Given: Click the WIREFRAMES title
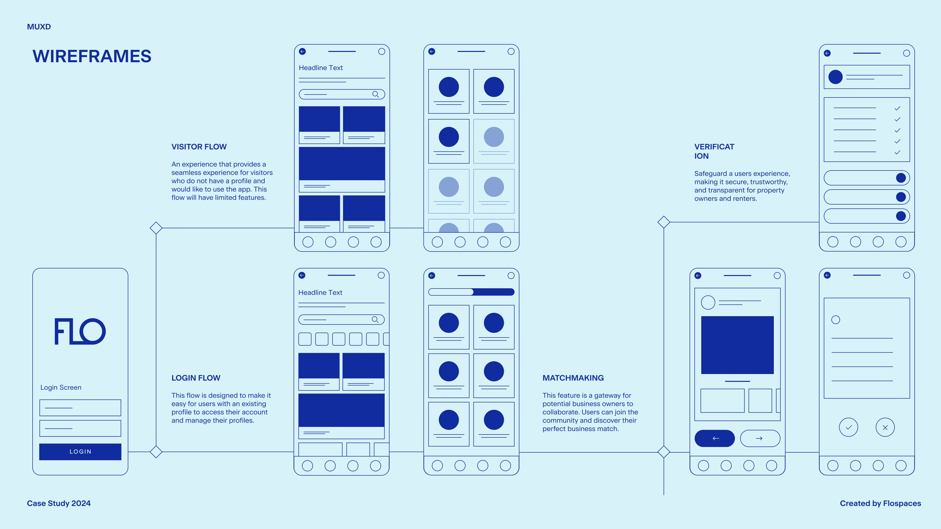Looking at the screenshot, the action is [x=92, y=56].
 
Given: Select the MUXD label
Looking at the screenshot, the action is [x=39, y=27].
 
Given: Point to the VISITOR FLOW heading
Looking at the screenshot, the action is [x=199, y=147].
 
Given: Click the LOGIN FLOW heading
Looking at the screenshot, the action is [x=196, y=378].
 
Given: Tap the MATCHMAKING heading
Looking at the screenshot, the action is [x=573, y=378].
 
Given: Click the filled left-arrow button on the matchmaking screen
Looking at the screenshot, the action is [x=715, y=438].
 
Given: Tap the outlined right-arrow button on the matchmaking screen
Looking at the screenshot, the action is [x=760, y=438].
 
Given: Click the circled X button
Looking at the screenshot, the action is [x=885, y=427].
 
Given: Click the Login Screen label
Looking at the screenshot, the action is [x=61, y=387].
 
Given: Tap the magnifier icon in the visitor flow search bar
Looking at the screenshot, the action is [x=375, y=94].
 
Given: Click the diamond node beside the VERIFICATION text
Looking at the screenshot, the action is [x=664, y=222].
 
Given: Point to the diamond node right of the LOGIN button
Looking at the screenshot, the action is [x=156, y=452].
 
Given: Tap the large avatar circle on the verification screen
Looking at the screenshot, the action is [x=835, y=77].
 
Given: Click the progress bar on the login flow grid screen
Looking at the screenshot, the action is [x=471, y=292].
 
